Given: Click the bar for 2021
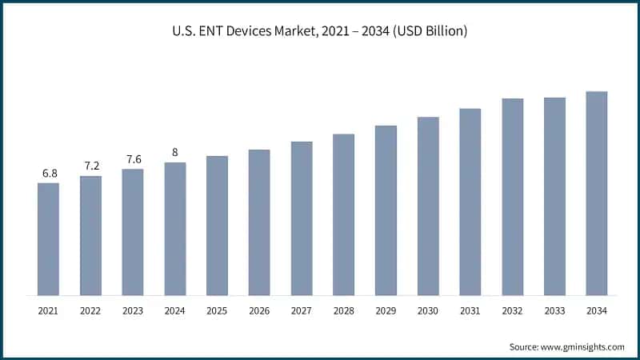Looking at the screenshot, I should click(48, 238).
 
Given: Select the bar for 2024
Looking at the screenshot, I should click(175, 228).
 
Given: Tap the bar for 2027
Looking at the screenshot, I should click(302, 218).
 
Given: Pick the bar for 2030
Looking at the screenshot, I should click(428, 206).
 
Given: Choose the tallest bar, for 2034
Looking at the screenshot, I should click(597, 193).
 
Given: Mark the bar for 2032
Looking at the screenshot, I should click(513, 196).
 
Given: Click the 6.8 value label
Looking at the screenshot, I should click(49, 173).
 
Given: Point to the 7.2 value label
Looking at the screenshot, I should click(91, 166).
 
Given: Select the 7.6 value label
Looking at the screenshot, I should click(133, 158).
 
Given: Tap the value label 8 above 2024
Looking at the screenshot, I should click(175, 152).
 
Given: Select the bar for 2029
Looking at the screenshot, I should click(386, 210).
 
